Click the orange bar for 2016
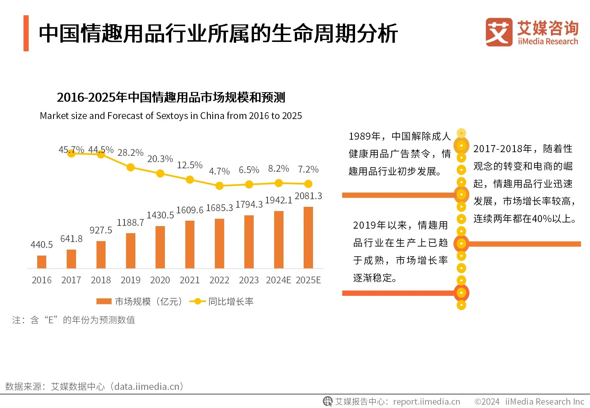(41, 262)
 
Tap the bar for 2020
(160, 247)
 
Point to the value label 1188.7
(130, 223)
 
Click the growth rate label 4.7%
(219, 171)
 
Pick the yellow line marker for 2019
(131, 167)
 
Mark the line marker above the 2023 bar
(249, 184)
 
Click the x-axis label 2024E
(278, 280)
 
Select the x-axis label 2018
(101, 280)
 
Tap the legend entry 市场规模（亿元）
(139, 301)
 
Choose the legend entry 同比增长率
(221, 301)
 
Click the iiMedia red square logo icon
(499, 32)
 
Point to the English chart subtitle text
(171, 116)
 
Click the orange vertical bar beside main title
(26, 33)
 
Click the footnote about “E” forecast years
(74, 320)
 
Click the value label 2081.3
(308, 196)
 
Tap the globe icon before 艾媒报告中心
(327, 401)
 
